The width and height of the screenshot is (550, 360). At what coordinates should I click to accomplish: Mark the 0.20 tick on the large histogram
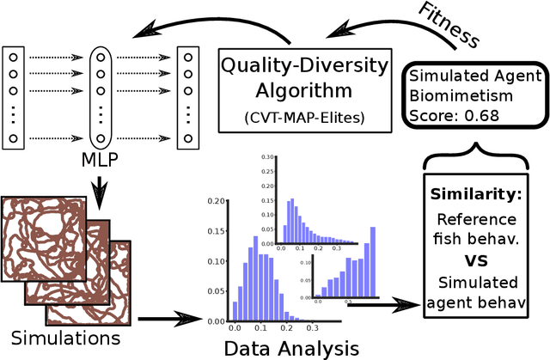[x=218, y=200]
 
